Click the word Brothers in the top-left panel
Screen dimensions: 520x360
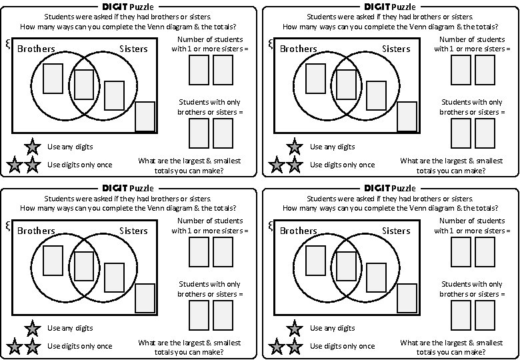tap(36, 49)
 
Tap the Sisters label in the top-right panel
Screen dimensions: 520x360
tap(396, 49)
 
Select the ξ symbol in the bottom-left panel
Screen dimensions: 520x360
tap(7, 225)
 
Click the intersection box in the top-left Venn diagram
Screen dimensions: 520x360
tap(84, 84)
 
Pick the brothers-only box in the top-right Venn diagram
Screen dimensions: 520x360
tap(315, 78)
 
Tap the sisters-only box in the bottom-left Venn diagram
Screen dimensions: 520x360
tap(114, 278)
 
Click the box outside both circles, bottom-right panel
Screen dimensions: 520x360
tap(407, 298)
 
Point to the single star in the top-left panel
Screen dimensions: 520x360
tap(31, 147)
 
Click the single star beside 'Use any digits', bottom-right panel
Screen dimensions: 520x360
tap(294, 328)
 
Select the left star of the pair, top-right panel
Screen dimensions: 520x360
tap(277, 165)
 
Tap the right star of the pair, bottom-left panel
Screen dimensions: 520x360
tap(31, 346)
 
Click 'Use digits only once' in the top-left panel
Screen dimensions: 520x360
tap(80, 165)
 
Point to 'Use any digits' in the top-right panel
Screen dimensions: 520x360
tap(333, 147)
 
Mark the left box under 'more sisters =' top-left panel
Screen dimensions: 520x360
tap(199, 70)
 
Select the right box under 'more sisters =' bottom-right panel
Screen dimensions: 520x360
tap(485, 251)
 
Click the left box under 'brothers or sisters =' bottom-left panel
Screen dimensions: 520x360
tap(199, 315)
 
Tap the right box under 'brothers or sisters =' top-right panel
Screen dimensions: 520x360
tap(485, 133)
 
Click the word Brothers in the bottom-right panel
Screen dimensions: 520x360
tap(298, 231)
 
